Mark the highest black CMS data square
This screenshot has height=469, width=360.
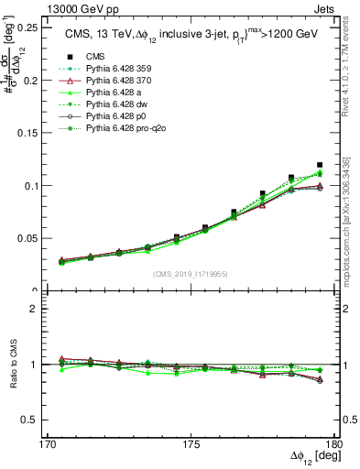[320, 165]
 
